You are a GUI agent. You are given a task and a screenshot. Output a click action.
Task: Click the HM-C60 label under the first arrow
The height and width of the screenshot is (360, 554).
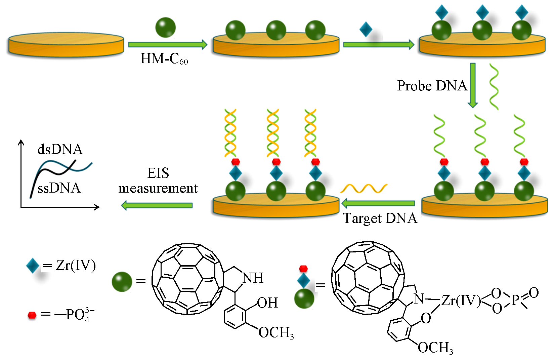(x=164, y=59)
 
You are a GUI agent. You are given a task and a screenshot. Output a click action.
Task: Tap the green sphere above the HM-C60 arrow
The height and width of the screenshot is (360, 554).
(x=165, y=27)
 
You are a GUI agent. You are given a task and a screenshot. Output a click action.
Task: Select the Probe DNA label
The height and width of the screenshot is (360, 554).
(x=432, y=86)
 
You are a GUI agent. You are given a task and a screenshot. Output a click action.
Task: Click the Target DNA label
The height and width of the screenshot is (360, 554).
(x=380, y=218)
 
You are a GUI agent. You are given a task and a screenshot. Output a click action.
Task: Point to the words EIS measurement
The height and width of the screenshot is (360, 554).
(x=158, y=181)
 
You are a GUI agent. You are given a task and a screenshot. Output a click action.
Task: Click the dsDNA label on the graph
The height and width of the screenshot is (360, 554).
(x=60, y=149)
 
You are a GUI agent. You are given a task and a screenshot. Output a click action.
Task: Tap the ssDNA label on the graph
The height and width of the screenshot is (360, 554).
(x=59, y=188)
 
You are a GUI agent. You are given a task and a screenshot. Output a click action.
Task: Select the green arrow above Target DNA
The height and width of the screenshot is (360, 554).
(x=378, y=203)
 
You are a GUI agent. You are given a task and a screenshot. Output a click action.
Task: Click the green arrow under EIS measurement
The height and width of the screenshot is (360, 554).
(x=157, y=205)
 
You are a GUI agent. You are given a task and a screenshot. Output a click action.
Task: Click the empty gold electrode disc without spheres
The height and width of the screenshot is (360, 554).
(x=66, y=44)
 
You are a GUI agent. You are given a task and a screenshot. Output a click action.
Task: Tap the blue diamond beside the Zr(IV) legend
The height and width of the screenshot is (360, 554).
(x=33, y=266)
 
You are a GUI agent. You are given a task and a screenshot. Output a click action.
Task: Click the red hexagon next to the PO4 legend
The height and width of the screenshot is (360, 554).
(x=32, y=315)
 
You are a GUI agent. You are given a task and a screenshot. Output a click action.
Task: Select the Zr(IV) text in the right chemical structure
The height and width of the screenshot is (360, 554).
(x=461, y=301)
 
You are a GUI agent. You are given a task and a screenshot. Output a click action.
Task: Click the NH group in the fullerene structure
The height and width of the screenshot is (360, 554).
(x=253, y=278)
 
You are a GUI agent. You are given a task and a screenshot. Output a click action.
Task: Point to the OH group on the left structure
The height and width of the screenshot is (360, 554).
(x=268, y=303)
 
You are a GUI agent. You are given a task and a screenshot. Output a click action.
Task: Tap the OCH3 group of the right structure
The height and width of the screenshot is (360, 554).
(x=435, y=348)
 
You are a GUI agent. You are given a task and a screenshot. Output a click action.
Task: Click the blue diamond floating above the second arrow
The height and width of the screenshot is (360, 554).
(x=366, y=29)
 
